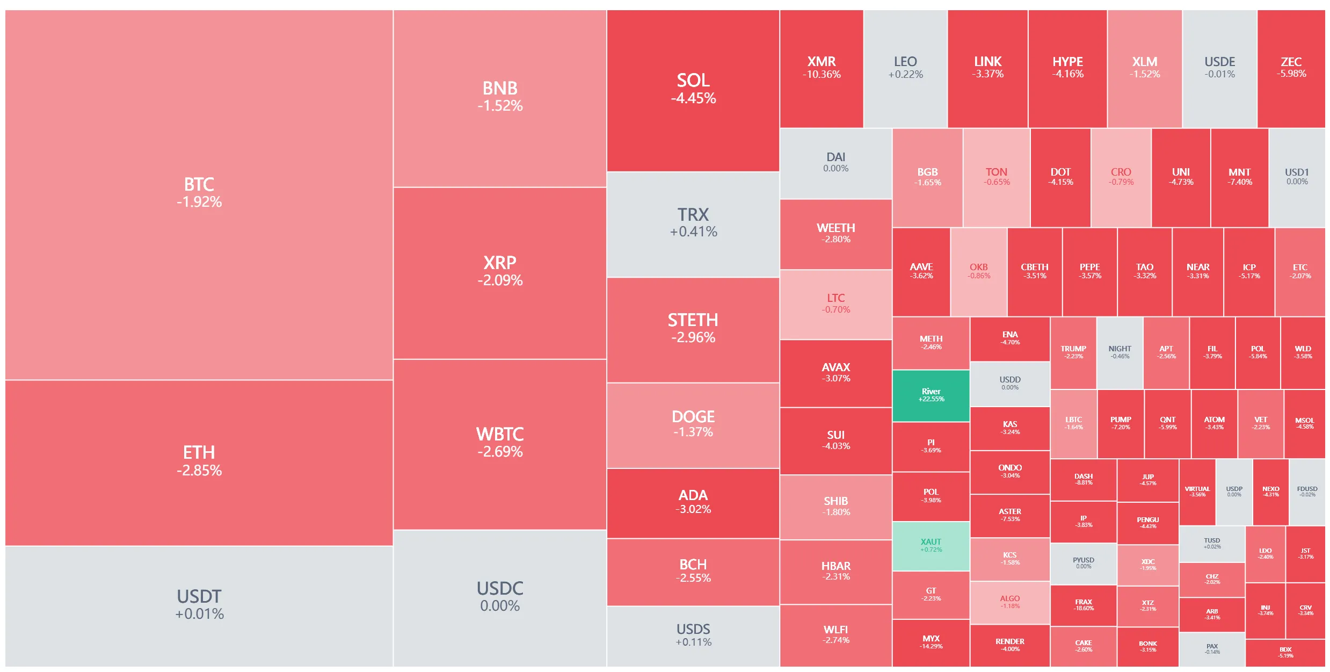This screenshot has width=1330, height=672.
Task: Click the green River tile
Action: point(931,395)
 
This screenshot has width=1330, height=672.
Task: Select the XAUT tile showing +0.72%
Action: point(931,546)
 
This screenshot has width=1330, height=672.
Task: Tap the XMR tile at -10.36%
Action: point(821,68)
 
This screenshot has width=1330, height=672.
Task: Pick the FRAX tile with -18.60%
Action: point(1083,605)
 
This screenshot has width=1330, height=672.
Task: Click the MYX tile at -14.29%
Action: point(931,642)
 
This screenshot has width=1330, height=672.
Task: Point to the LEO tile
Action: point(905,68)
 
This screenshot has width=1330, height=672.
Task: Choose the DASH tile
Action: point(1083,479)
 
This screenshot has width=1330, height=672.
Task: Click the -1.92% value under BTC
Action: point(199,202)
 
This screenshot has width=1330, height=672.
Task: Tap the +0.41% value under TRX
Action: point(693,232)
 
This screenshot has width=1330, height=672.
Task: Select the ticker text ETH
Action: point(199,452)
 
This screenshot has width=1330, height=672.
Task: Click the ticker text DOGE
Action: point(693,416)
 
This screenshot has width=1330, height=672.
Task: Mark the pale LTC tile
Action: point(835,304)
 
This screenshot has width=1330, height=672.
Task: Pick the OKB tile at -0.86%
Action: point(978,271)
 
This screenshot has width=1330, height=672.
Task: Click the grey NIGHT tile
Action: point(1120,352)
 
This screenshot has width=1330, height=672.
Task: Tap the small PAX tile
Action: point(1212,649)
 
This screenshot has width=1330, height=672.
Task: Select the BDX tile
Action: point(1285,652)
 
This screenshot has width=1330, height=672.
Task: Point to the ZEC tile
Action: point(1291,68)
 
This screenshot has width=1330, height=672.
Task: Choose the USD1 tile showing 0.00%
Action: point(1297,177)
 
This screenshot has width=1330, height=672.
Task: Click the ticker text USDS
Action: point(693,628)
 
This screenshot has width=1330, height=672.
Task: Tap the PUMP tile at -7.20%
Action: point(1121,423)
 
